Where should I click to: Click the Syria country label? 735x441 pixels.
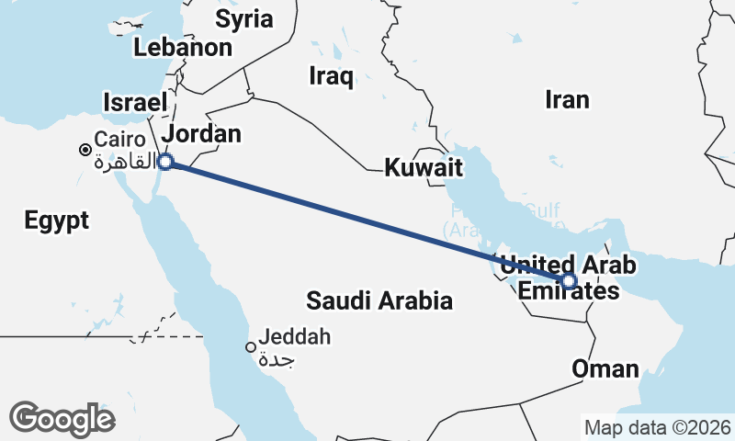[x=243, y=18]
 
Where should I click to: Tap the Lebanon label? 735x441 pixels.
[x=182, y=48]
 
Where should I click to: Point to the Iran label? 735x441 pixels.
[x=567, y=99]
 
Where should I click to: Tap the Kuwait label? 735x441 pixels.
[x=423, y=168]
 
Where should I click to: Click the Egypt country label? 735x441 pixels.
[x=57, y=220]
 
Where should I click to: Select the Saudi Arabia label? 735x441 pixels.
[x=379, y=300]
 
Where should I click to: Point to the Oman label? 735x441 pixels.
[x=605, y=369]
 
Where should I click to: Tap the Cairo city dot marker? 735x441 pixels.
[x=85, y=149]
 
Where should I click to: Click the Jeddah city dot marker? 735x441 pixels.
[x=250, y=347]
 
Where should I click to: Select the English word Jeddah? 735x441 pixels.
[x=294, y=337]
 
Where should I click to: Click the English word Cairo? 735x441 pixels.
[x=119, y=141]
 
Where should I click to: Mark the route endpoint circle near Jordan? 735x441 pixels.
[x=165, y=163]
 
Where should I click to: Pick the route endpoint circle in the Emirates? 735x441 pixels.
[x=570, y=281]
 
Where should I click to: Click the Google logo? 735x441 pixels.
[x=62, y=418]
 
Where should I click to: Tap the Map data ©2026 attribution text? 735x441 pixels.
[x=657, y=427]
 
